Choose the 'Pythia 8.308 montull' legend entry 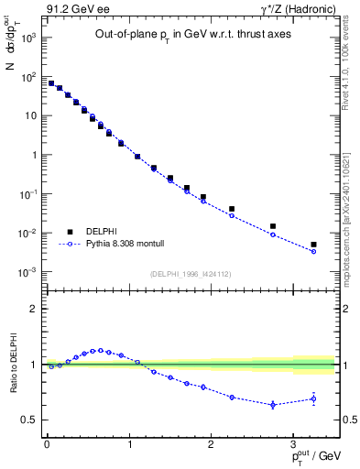tap(116, 245)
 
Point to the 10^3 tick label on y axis tap(29, 38)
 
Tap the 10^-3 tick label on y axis tap(29, 272)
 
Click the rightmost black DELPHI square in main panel tap(313, 245)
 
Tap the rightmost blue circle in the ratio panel tap(313, 398)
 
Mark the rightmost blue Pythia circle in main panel tap(313, 251)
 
